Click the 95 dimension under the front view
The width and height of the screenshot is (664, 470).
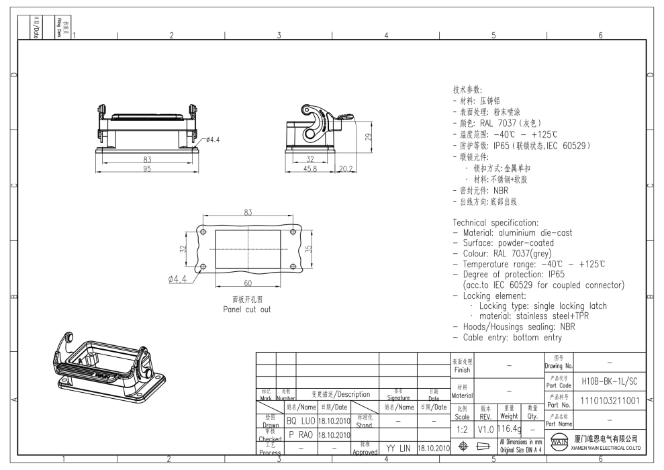coord(146,169)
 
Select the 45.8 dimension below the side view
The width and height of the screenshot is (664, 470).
coord(310,169)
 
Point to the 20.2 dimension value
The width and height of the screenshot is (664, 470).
coord(346,169)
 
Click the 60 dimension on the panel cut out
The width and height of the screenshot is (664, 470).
coord(248,283)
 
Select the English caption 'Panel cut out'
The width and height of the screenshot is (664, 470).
coord(247,310)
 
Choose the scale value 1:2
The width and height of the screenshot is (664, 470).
coord(462,428)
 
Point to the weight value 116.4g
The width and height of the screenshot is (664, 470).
coord(510,428)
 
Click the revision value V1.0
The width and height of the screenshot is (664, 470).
coord(485,428)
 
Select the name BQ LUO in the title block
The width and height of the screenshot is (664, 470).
coord(300,421)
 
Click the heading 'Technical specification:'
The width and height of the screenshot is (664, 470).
coord(495,222)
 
